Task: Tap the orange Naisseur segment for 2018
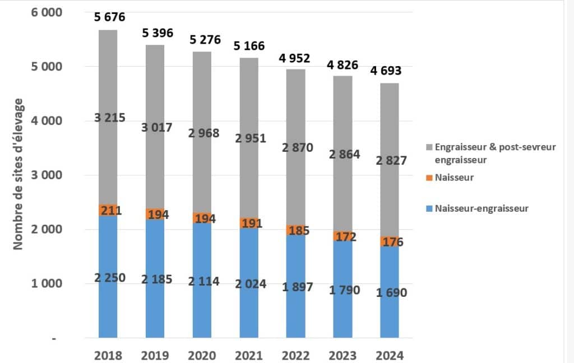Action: tap(108, 211)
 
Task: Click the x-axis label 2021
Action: tap(249, 355)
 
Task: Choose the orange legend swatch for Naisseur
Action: tap(430, 178)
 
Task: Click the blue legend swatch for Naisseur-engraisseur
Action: tap(430, 208)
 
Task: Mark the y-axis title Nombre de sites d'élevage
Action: tap(18, 174)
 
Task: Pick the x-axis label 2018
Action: tap(108, 355)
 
